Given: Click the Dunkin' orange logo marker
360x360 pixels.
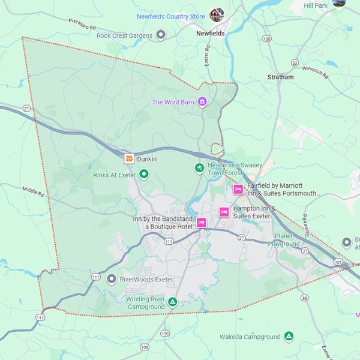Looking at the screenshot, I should point(129,159).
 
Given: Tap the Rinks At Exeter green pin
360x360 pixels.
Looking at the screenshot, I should point(143,175).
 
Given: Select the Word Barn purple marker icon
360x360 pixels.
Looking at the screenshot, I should point(203,102).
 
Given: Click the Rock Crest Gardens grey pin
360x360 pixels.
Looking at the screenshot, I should point(161,35).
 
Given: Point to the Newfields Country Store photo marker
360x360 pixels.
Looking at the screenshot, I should point(217,14).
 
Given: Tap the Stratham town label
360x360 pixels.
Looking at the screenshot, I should point(280,77).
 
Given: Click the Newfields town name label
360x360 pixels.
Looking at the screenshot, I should point(211,34).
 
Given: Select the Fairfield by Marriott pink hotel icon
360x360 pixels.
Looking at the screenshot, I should point(238,190).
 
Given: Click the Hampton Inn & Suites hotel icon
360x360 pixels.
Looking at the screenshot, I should point(224,212).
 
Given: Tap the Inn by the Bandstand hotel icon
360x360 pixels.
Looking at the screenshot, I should point(202,223).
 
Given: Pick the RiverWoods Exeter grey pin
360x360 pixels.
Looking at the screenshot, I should point(111,279).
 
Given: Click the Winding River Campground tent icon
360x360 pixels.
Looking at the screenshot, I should point(172,302).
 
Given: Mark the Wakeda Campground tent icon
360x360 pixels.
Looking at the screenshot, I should point(289,337).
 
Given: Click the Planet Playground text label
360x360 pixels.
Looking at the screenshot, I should point(284,240).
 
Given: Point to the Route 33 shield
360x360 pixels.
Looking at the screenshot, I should point(295,63).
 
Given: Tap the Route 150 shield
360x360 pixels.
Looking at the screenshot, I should point(166,334).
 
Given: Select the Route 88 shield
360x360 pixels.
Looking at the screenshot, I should point(304,298).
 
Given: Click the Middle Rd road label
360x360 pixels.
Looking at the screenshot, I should point(34,192).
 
